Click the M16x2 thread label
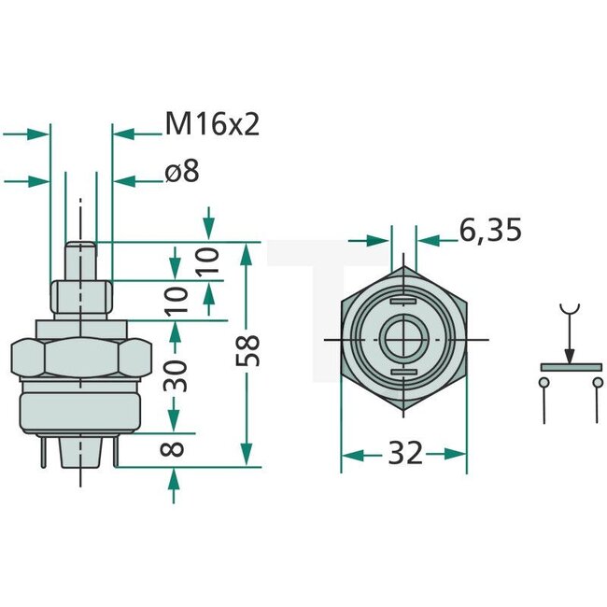tap(211, 123)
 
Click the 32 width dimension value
tap(403, 455)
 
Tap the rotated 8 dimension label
tap(173, 449)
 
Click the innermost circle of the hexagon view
tap(403, 338)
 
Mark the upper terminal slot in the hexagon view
tap(403, 302)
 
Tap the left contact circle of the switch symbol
tap(543, 382)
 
